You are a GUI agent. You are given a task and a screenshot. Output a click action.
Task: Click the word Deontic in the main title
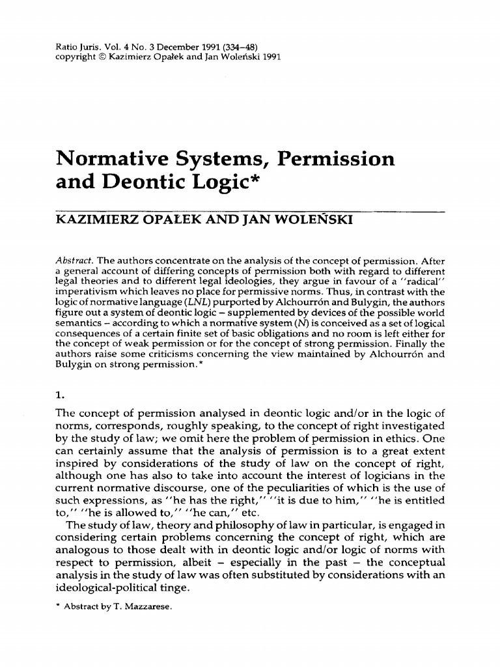144,185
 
